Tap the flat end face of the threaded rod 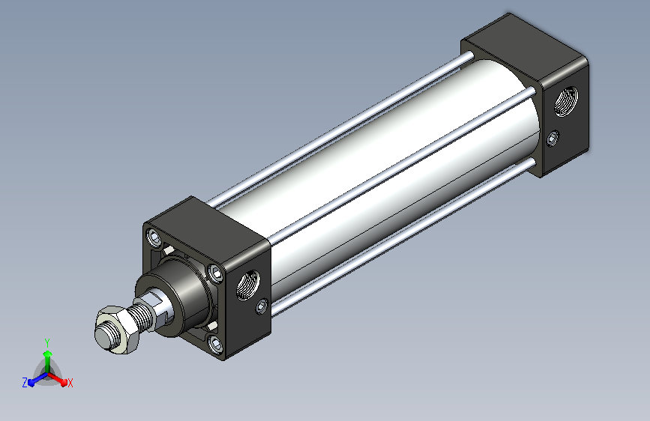103,337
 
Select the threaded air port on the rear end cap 566,101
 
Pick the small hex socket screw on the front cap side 261,306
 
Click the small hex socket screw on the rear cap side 553,138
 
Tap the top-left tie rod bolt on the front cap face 155,237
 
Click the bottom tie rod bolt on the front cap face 216,344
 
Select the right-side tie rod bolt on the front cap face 216,273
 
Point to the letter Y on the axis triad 47,342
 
